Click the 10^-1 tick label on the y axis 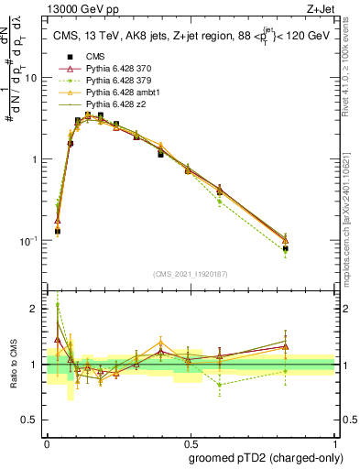[x=30, y=241]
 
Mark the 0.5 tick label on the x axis [x=189, y=443]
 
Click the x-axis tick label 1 [x=333, y=443]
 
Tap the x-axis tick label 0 [x=46, y=443]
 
